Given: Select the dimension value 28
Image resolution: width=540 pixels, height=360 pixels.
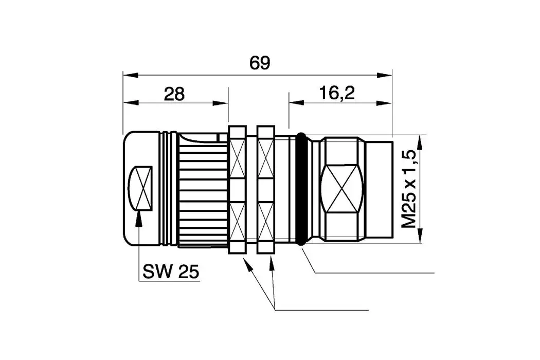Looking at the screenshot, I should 174,94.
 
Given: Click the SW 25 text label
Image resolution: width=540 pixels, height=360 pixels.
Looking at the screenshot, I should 171,272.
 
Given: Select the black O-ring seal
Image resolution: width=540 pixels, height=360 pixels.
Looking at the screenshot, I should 301,189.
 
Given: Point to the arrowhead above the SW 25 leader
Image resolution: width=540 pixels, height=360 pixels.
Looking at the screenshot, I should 139,218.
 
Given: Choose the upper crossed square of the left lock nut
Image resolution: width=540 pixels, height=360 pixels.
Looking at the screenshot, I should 237,157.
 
